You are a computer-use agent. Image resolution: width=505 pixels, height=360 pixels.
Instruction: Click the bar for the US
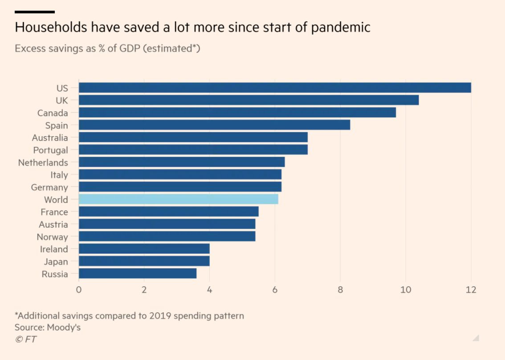pos(275,88)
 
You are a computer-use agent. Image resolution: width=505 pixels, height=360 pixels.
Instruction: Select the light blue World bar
pos(179,199)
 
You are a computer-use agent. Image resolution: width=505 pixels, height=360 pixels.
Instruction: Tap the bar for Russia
pos(138,274)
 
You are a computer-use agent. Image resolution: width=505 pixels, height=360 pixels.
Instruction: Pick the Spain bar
pos(214,125)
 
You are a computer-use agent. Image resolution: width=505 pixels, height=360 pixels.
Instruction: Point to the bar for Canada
pos(237,113)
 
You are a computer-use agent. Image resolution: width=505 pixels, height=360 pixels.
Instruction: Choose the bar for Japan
pos(144,261)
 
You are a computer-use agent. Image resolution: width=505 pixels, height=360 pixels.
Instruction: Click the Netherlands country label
pos(43,162)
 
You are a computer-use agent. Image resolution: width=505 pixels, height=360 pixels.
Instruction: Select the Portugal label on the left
pos(50,150)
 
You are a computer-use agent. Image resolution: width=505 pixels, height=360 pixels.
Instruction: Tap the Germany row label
pos(49,187)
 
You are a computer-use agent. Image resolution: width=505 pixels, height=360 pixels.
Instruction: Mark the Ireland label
pos(54,249)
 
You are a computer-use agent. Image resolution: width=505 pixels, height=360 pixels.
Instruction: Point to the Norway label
pos(52,237)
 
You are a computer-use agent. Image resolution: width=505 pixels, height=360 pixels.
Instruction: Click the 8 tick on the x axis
pos(341,290)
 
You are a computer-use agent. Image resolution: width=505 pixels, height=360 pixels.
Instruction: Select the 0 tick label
pos(79,290)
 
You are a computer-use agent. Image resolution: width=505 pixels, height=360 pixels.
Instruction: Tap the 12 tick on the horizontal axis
pos(471,290)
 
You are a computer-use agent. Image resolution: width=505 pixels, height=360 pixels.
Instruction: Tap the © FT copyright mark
pos(26,340)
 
